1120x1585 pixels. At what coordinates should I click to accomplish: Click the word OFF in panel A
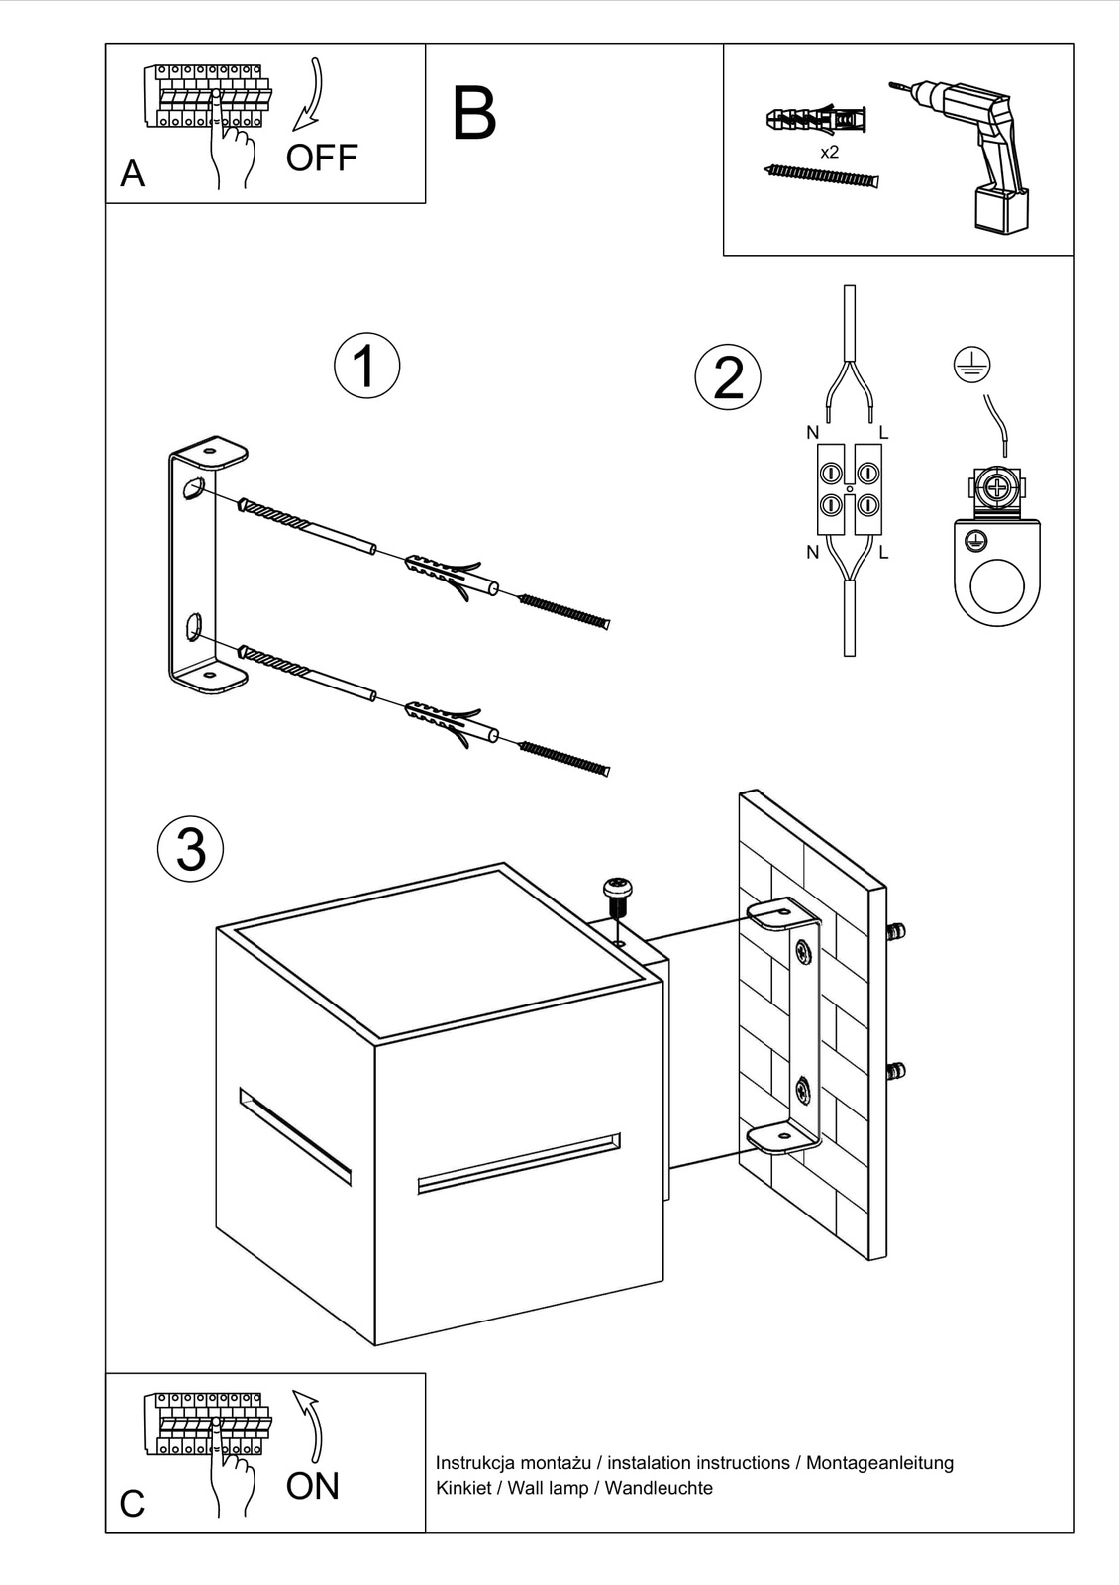(321, 158)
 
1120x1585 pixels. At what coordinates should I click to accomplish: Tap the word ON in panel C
(312, 1486)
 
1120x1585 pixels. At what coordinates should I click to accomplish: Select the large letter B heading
(473, 115)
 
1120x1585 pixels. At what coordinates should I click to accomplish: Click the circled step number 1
(366, 366)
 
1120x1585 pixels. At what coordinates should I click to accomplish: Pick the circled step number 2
(728, 377)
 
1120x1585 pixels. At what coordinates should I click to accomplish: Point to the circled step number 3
(190, 849)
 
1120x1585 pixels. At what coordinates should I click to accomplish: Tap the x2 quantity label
(830, 153)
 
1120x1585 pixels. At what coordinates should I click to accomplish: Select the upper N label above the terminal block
(813, 433)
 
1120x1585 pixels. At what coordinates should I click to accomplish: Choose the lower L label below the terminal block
(883, 553)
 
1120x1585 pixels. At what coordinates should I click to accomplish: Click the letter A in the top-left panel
(132, 174)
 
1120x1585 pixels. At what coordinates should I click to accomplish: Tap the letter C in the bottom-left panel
(132, 1504)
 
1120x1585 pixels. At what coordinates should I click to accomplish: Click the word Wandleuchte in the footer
(659, 1488)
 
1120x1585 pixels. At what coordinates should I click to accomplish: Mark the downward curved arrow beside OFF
(311, 95)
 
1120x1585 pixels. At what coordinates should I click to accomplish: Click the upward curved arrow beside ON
(310, 1426)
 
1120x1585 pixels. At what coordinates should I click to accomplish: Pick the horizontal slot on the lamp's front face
(519, 1163)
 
